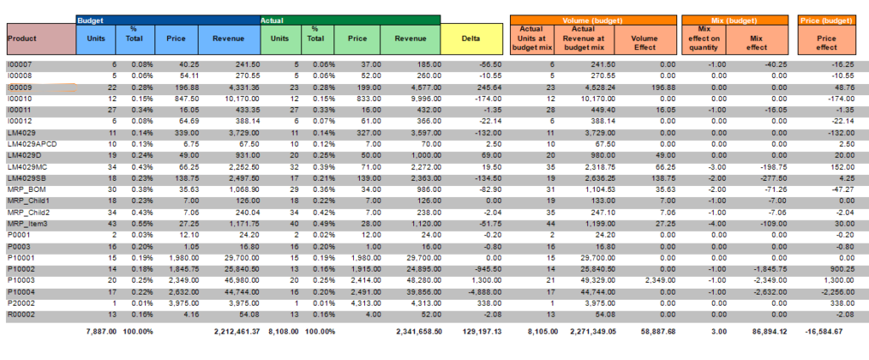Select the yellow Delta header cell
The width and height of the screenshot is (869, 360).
(469, 37)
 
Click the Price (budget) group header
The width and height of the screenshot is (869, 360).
(827, 19)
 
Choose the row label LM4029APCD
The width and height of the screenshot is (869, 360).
(27, 144)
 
